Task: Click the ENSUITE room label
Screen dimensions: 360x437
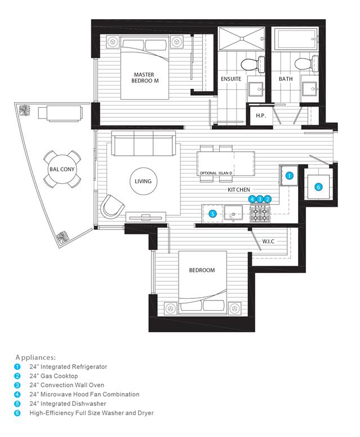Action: click(x=231, y=79)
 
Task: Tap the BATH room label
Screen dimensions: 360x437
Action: click(x=286, y=79)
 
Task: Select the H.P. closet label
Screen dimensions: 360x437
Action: click(x=261, y=116)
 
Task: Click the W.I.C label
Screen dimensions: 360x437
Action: click(x=268, y=241)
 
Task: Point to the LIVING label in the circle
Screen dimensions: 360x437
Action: click(x=143, y=182)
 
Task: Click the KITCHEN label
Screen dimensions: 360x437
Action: click(x=239, y=190)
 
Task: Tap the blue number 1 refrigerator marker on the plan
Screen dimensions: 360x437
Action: click(x=290, y=176)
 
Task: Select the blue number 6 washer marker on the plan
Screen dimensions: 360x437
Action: click(x=318, y=187)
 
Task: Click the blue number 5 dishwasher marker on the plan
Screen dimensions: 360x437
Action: click(x=212, y=214)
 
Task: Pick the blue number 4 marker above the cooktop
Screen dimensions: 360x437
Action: click(x=252, y=199)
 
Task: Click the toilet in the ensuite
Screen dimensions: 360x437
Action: click(x=252, y=64)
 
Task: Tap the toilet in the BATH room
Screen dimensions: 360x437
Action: click(x=306, y=64)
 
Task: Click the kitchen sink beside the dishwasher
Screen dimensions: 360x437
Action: click(x=233, y=213)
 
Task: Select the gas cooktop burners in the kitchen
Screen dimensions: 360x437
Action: click(x=260, y=214)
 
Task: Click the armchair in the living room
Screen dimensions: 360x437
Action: click(x=113, y=207)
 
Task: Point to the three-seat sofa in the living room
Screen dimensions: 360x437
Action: click(x=144, y=143)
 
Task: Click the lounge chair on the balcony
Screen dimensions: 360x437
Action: click(x=60, y=113)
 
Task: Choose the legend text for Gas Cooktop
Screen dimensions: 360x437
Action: click(x=54, y=376)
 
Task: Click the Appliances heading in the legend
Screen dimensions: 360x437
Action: click(x=35, y=357)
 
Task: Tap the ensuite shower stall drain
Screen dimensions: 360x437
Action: click(x=241, y=39)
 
